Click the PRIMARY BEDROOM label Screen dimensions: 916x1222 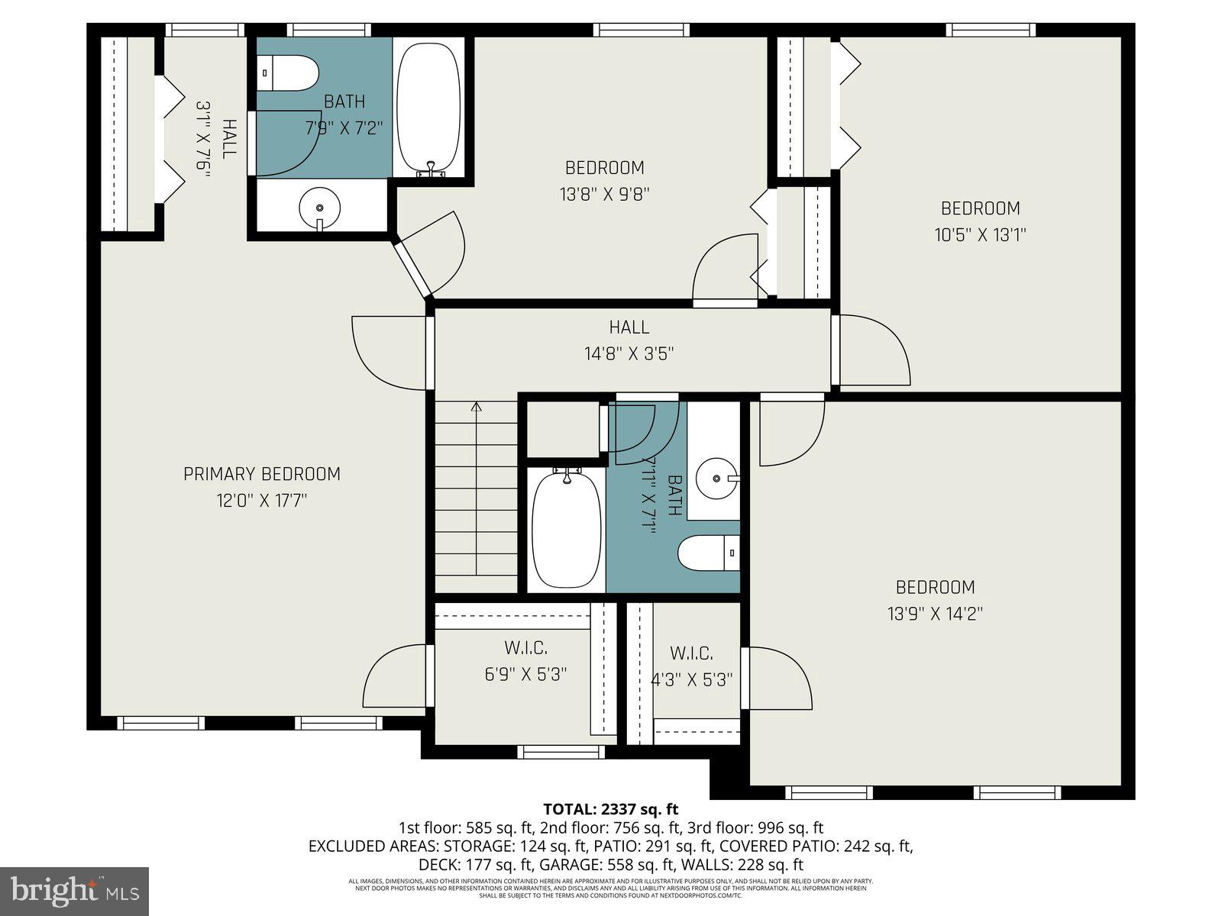(x=261, y=474)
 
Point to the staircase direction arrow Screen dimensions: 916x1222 (x=477, y=408)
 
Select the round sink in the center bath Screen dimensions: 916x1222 (x=718, y=479)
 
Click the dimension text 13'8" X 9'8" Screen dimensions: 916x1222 (x=604, y=194)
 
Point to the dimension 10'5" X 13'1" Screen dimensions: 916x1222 (x=980, y=234)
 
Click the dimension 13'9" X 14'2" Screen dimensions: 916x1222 (x=935, y=614)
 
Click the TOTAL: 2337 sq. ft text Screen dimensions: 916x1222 (x=610, y=809)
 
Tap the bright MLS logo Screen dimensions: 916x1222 (x=75, y=891)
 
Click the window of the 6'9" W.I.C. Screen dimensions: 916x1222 (x=561, y=752)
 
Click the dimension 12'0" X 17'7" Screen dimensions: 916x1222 (x=261, y=501)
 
